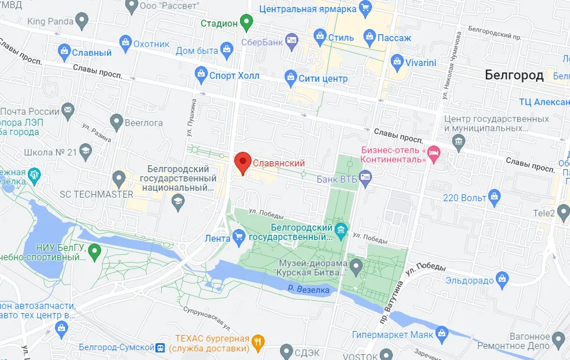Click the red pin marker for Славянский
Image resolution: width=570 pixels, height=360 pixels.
click(242, 162)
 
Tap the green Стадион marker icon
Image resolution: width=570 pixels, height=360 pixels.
click(248, 23)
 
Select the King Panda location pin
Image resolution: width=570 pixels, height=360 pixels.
click(82, 22)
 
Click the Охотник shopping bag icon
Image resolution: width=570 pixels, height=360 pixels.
click(125, 42)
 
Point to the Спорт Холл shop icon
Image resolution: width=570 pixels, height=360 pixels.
click(201, 75)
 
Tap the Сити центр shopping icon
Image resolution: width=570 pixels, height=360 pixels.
click(291, 78)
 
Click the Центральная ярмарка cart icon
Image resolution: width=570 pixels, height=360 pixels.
click(365, 9)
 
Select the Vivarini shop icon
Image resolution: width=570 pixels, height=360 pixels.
click(397, 61)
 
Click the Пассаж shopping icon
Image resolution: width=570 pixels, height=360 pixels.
click(369, 38)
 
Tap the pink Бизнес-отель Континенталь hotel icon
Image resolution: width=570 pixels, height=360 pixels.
click(434, 154)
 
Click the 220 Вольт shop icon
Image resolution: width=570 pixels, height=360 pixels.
click(494, 197)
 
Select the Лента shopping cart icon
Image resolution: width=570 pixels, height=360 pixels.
click(238, 237)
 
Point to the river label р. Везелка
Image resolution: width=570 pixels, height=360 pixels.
click(308, 289)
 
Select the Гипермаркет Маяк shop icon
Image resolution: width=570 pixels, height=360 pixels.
click(442, 334)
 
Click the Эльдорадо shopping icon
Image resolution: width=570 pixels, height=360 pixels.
click(502, 281)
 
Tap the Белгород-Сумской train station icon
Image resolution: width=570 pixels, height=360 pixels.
click(159, 348)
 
